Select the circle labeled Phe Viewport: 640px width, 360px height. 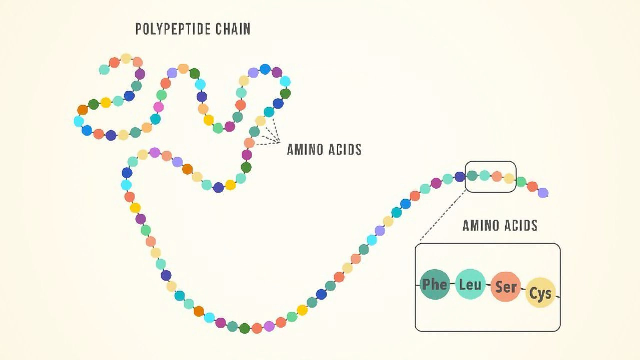pyautogui.click(x=435, y=284)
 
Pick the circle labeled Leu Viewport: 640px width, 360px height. pyautogui.click(x=470, y=284)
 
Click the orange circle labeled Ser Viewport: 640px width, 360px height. pyautogui.click(x=505, y=287)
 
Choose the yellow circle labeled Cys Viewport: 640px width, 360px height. pyautogui.click(x=540, y=293)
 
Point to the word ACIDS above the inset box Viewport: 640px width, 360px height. pyautogui.click(x=518, y=225)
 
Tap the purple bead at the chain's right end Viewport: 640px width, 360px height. pyautogui.click(x=543, y=193)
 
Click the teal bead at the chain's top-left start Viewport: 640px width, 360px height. pyautogui.click(x=104, y=69)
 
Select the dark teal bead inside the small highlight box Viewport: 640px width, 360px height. pyautogui.click(x=472, y=175)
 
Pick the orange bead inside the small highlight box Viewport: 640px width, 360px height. pyautogui.click(x=496, y=176)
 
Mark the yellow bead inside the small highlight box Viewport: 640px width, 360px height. pyautogui.click(x=509, y=178)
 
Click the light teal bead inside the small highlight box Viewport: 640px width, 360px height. pyautogui.click(x=484, y=175)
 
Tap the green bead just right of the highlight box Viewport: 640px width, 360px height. pyautogui.click(x=521, y=182)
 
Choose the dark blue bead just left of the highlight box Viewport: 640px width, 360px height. pyautogui.click(x=460, y=177)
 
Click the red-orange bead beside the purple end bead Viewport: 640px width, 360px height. pyautogui.click(x=532, y=187)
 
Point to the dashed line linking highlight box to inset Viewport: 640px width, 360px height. pyautogui.click(x=442, y=217)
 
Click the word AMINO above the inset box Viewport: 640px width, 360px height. pyautogui.click(x=480, y=225)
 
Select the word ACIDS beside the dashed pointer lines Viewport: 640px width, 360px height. pyautogui.click(x=344, y=149)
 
